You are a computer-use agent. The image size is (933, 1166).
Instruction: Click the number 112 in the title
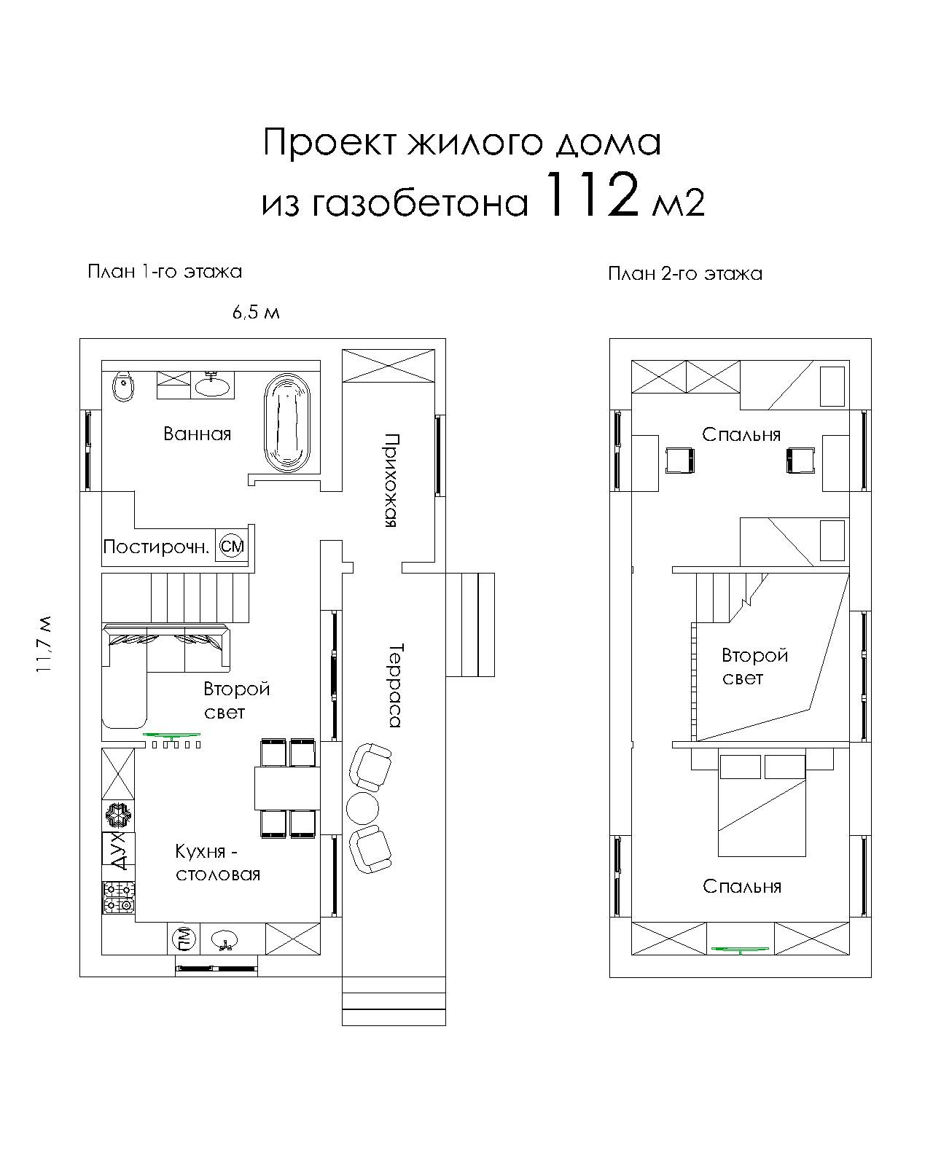pyautogui.click(x=591, y=196)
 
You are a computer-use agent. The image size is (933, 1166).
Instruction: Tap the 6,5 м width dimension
pyautogui.click(x=256, y=313)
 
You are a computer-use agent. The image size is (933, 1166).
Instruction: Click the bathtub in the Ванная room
pyautogui.click(x=288, y=423)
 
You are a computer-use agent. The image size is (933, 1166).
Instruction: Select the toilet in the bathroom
pyautogui.click(x=122, y=386)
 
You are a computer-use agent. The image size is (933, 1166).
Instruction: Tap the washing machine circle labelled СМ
pyautogui.click(x=232, y=546)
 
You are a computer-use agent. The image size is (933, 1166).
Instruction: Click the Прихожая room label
pyautogui.click(x=391, y=481)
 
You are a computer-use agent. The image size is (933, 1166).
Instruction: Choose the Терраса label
pyautogui.click(x=394, y=685)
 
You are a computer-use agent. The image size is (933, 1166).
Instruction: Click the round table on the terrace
pyautogui.click(x=362, y=807)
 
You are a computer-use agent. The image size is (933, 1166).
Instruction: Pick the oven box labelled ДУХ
pyautogui.click(x=118, y=850)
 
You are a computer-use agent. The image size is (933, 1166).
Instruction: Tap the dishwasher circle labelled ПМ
pyautogui.click(x=183, y=939)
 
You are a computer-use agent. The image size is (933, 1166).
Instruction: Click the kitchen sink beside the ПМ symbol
pyautogui.click(x=225, y=939)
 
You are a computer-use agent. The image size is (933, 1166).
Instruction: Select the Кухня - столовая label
pyautogui.click(x=217, y=863)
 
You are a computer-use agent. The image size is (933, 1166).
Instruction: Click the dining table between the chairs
pyautogui.click(x=285, y=788)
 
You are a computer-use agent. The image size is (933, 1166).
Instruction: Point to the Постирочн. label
pyautogui.click(x=156, y=547)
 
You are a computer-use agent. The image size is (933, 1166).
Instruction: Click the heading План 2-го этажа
pyautogui.click(x=684, y=274)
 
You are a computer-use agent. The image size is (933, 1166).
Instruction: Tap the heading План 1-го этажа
pyautogui.click(x=165, y=272)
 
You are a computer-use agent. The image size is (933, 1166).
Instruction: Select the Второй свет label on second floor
pyautogui.click(x=754, y=666)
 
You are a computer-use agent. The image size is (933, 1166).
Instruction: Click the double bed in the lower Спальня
pyautogui.click(x=762, y=809)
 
